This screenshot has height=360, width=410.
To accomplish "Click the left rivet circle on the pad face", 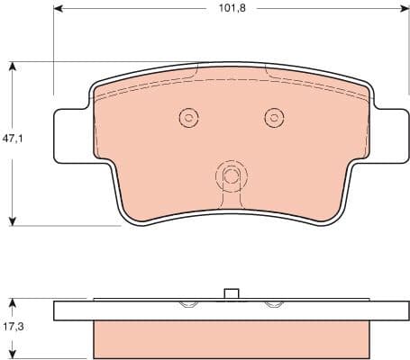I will [188, 117].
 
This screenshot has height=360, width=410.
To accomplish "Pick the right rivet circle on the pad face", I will [273, 117].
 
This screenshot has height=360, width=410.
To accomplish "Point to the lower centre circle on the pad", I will [231, 175].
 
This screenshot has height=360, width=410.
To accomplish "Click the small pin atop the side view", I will [230, 293].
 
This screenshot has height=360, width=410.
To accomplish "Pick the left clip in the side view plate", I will [188, 305].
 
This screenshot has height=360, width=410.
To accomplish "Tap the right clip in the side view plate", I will [272, 305].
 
